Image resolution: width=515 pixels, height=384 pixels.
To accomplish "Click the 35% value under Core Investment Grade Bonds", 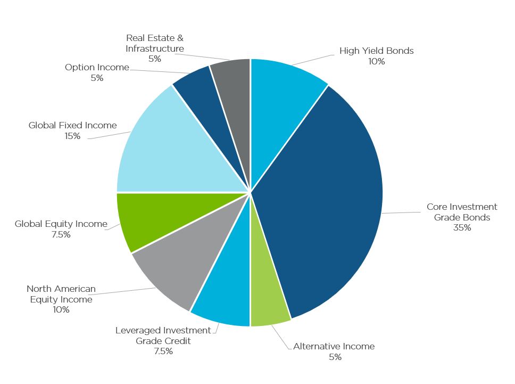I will (x=462, y=228).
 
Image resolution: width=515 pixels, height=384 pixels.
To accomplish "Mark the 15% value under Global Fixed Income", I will (x=72, y=136).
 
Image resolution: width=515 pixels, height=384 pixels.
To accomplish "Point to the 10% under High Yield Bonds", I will (x=376, y=62).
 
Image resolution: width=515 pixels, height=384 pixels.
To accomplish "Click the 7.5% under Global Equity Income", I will (x=61, y=235).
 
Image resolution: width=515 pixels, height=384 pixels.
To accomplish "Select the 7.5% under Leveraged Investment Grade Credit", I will (x=163, y=352).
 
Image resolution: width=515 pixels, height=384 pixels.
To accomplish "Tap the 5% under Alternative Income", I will (x=335, y=357).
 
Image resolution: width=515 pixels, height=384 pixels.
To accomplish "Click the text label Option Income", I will (x=97, y=68).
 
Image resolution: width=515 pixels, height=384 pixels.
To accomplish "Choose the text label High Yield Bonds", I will (x=376, y=51).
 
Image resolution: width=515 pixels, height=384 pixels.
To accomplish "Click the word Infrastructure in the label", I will (x=155, y=48).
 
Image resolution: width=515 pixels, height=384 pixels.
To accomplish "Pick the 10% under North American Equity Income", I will (x=61, y=310).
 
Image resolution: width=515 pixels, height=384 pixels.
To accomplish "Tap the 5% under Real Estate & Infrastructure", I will (x=155, y=59).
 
